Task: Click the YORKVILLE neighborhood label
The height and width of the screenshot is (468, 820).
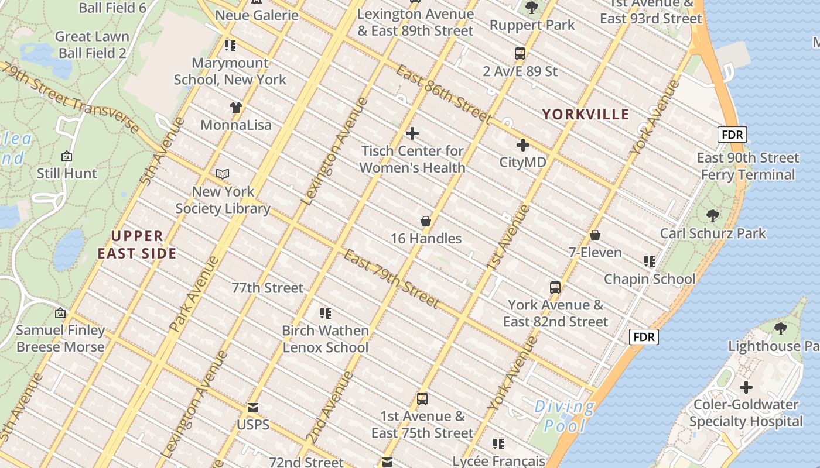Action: pyautogui.click(x=585, y=114)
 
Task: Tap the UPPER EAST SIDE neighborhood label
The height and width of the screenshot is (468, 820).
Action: pyautogui.click(x=137, y=245)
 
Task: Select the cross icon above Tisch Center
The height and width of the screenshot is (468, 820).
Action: pyautogui.click(x=412, y=133)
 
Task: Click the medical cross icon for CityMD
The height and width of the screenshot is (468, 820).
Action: pyautogui.click(x=522, y=145)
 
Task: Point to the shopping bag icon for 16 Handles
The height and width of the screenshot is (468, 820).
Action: pyautogui.click(x=426, y=221)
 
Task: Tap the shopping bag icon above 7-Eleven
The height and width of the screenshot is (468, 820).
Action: pyautogui.click(x=595, y=235)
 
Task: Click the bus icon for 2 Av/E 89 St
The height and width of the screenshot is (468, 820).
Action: pyautogui.click(x=520, y=54)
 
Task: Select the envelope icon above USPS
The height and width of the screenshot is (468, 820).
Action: pyautogui.click(x=253, y=407)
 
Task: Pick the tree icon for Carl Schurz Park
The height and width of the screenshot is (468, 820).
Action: pyautogui.click(x=712, y=216)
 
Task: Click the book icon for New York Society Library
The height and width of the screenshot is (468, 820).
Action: pyautogui.click(x=223, y=174)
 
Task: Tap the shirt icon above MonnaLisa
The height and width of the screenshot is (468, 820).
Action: pyautogui.click(x=236, y=107)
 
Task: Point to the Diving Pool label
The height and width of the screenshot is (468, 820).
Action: pyautogui.click(x=565, y=415)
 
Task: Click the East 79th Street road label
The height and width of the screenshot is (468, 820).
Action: pyautogui.click(x=391, y=278)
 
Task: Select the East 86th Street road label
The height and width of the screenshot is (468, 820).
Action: pyautogui.click(x=443, y=94)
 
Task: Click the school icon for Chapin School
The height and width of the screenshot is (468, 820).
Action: pyautogui.click(x=649, y=261)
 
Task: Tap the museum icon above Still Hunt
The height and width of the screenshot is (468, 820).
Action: pyautogui.click(x=67, y=156)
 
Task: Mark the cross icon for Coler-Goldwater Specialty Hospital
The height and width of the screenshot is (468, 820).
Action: pyautogui.click(x=746, y=387)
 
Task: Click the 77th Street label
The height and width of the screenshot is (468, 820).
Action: pyautogui.click(x=268, y=288)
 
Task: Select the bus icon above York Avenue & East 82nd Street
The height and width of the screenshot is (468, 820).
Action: pyautogui.click(x=555, y=288)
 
